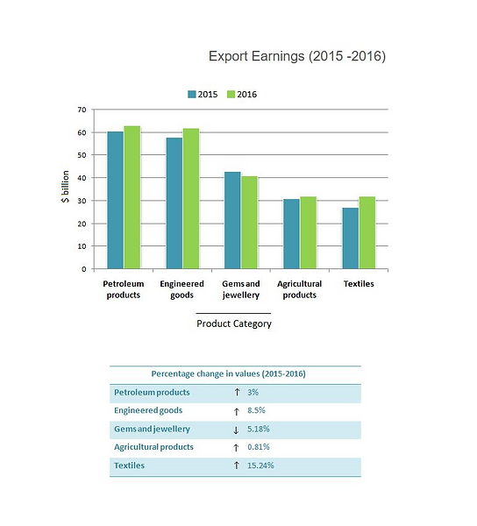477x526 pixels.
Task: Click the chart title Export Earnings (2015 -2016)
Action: (x=296, y=56)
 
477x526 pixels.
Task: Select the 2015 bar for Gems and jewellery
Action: (x=232, y=220)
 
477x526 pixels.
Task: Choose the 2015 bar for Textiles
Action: (x=350, y=238)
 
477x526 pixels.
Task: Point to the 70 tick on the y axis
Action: (x=81, y=110)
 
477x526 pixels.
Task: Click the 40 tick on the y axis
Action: (x=81, y=178)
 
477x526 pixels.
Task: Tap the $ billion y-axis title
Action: (x=65, y=188)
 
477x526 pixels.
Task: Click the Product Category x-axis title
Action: (x=234, y=323)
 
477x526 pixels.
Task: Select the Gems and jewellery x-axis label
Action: (x=240, y=289)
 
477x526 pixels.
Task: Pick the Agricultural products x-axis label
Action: (x=299, y=289)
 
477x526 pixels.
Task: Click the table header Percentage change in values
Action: (x=234, y=373)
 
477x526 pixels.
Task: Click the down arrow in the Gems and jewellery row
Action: (x=236, y=429)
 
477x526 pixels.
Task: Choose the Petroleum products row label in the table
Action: (x=152, y=392)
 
